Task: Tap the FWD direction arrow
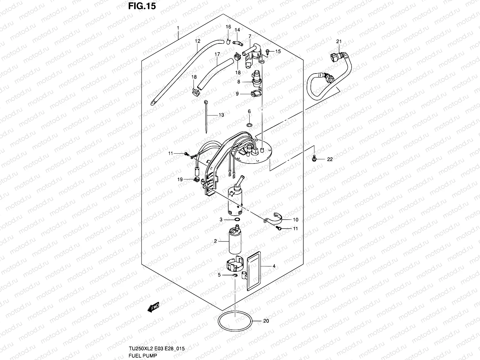point(153,307)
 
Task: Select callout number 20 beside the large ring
point(266,321)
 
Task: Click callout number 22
point(330,160)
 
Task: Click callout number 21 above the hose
point(339,41)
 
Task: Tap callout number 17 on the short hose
point(217,54)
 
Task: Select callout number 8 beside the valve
point(239,81)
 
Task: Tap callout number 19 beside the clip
point(180,180)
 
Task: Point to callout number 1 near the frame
point(178,28)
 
